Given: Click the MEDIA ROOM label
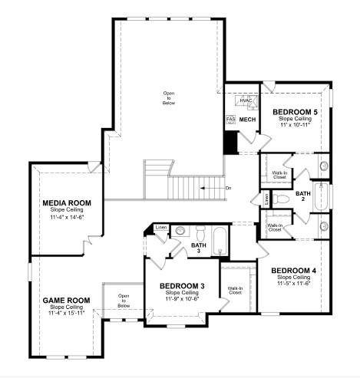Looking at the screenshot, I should [x=67, y=203].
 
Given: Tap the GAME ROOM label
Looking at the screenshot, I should [x=66, y=300].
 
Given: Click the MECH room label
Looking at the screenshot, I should [x=247, y=120].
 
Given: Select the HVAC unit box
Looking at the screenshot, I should [x=246, y=101].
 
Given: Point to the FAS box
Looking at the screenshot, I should [x=230, y=120].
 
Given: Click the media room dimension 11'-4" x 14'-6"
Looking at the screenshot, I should [x=67, y=217].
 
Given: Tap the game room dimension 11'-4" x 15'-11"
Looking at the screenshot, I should [x=66, y=313].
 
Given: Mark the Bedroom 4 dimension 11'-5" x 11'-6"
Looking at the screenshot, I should [x=295, y=284].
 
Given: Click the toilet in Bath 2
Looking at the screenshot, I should [x=281, y=199].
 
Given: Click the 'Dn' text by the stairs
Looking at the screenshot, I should [x=228, y=187].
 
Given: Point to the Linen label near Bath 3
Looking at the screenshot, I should [x=160, y=228].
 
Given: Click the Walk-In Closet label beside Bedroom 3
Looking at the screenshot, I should [x=235, y=291].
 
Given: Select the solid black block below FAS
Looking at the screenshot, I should [x=229, y=141].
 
